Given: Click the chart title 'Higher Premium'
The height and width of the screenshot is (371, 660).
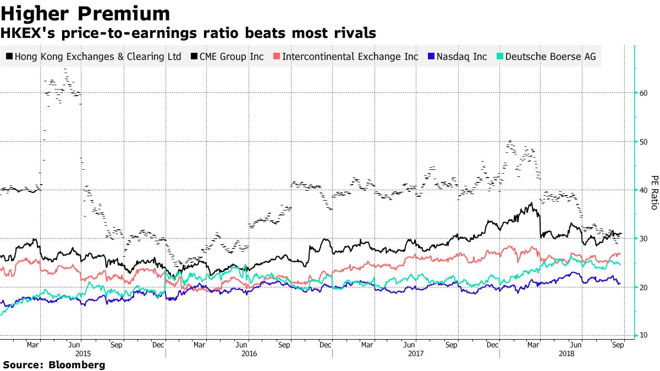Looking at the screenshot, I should click(85, 13).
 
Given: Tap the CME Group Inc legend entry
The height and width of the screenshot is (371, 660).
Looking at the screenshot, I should click(232, 57).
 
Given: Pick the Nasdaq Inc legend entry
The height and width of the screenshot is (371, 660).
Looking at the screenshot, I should click(461, 57).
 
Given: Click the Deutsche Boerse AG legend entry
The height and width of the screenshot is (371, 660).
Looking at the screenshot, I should click(550, 57).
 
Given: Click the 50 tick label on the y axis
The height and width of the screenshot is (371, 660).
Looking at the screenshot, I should click(642, 141).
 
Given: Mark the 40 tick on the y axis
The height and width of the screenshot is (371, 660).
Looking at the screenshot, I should click(642, 190).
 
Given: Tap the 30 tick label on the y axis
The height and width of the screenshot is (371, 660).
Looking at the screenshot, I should click(642, 239).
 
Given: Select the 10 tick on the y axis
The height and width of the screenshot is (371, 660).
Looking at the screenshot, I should click(642, 335).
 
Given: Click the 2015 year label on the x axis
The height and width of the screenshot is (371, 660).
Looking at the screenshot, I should click(83, 355).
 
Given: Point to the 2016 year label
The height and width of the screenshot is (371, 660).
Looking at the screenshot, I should click(249, 355).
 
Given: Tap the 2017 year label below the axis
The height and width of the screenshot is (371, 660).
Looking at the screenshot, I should click(416, 355).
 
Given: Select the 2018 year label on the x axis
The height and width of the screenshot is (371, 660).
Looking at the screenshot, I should click(566, 355).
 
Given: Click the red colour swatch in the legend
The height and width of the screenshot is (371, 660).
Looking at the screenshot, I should click(277, 57).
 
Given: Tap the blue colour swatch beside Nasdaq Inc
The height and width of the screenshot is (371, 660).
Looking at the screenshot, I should click(431, 57).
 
